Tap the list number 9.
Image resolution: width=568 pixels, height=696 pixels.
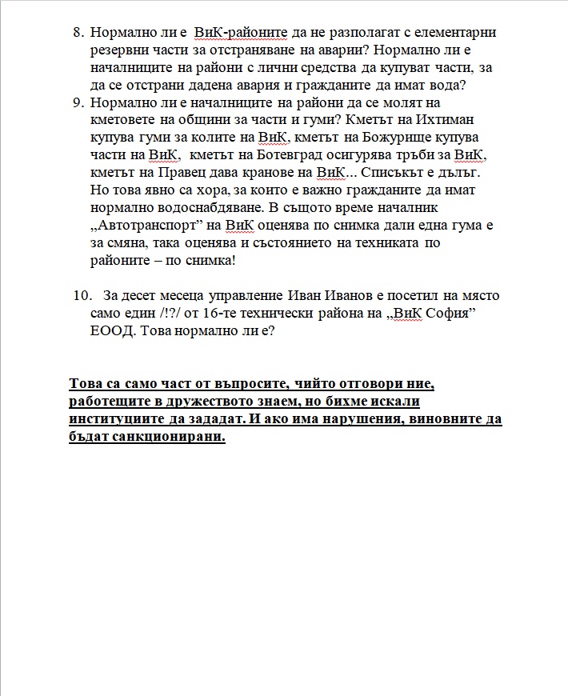pyautogui.click(x=78, y=103)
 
